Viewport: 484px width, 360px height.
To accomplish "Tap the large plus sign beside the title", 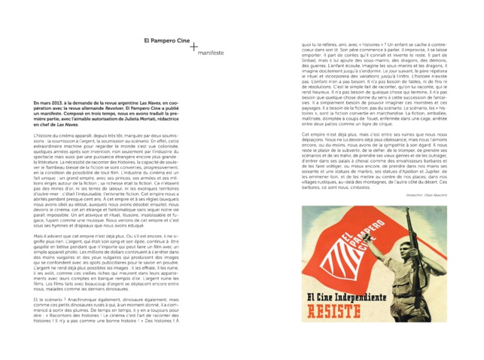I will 195,47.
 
